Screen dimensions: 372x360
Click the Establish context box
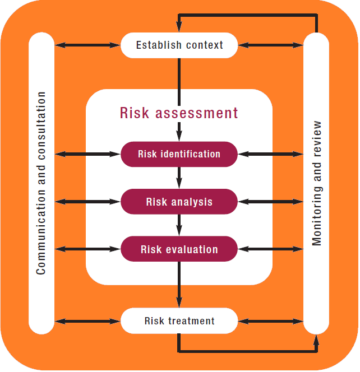tap(179, 45)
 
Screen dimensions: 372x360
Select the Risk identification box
tap(179, 154)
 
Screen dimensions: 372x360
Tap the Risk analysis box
tap(179, 202)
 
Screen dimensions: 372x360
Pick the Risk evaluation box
tap(179, 249)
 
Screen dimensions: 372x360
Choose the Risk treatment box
tap(179, 321)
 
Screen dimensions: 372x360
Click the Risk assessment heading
tap(179, 113)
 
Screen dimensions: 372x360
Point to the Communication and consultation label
tap(41, 183)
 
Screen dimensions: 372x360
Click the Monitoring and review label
tap(317, 183)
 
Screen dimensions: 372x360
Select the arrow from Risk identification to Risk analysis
tap(179, 178)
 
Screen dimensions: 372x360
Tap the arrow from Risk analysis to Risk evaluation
tap(179, 226)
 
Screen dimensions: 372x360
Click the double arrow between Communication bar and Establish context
tap(87, 45)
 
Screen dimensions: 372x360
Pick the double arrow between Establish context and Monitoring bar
tap(271, 45)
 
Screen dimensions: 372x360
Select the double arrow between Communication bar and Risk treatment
tap(87, 321)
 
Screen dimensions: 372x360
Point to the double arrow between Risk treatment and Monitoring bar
tap(271, 321)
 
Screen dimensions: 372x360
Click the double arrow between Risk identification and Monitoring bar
tap(271, 154)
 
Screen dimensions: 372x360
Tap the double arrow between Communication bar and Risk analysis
tap(87, 202)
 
